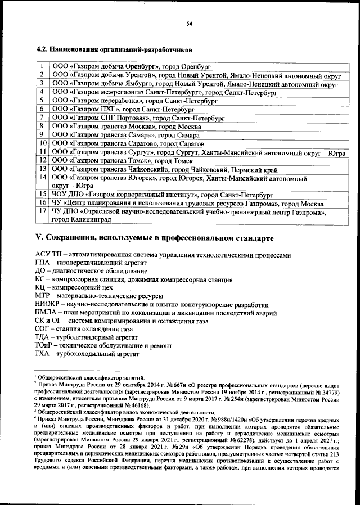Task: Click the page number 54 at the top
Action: coord(190,23)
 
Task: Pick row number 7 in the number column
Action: coord(42,118)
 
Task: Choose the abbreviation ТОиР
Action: coord(45,346)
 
